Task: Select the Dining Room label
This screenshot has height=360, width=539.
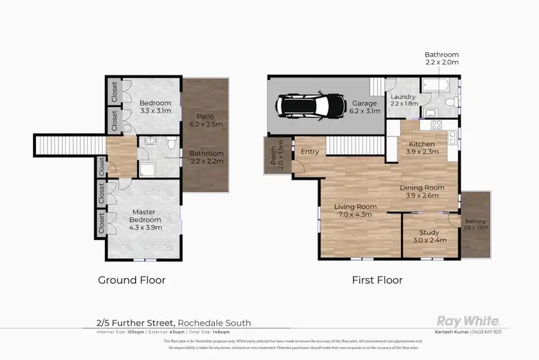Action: [x=422, y=191]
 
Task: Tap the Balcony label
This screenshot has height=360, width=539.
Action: [x=474, y=224]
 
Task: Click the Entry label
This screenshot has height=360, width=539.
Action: [x=310, y=152]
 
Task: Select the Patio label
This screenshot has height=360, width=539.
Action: [x=206, y=119]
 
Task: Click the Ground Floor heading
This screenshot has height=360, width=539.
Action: [x=132, y=280]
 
